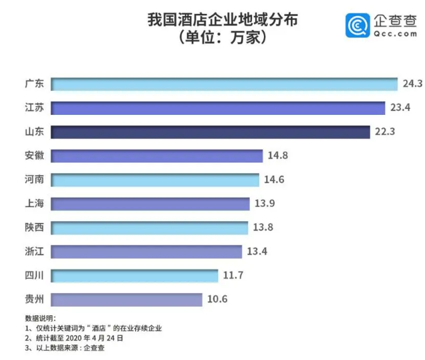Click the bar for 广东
pos(224,84)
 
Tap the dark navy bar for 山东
pos(210,132)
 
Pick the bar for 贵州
pos(126,299)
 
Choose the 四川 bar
pos(134,275)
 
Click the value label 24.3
pos(412,84)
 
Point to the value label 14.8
pos(277,156)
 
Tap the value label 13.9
pos(265,204)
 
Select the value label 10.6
pos(217,299)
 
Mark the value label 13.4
pos(256,252)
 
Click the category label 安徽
pos(33,156)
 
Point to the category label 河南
pos(33,180)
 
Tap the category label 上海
pos(33,204)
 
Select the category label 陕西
pos(33,228)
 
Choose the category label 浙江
pos(33,252)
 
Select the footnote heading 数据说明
pos(41,318)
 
